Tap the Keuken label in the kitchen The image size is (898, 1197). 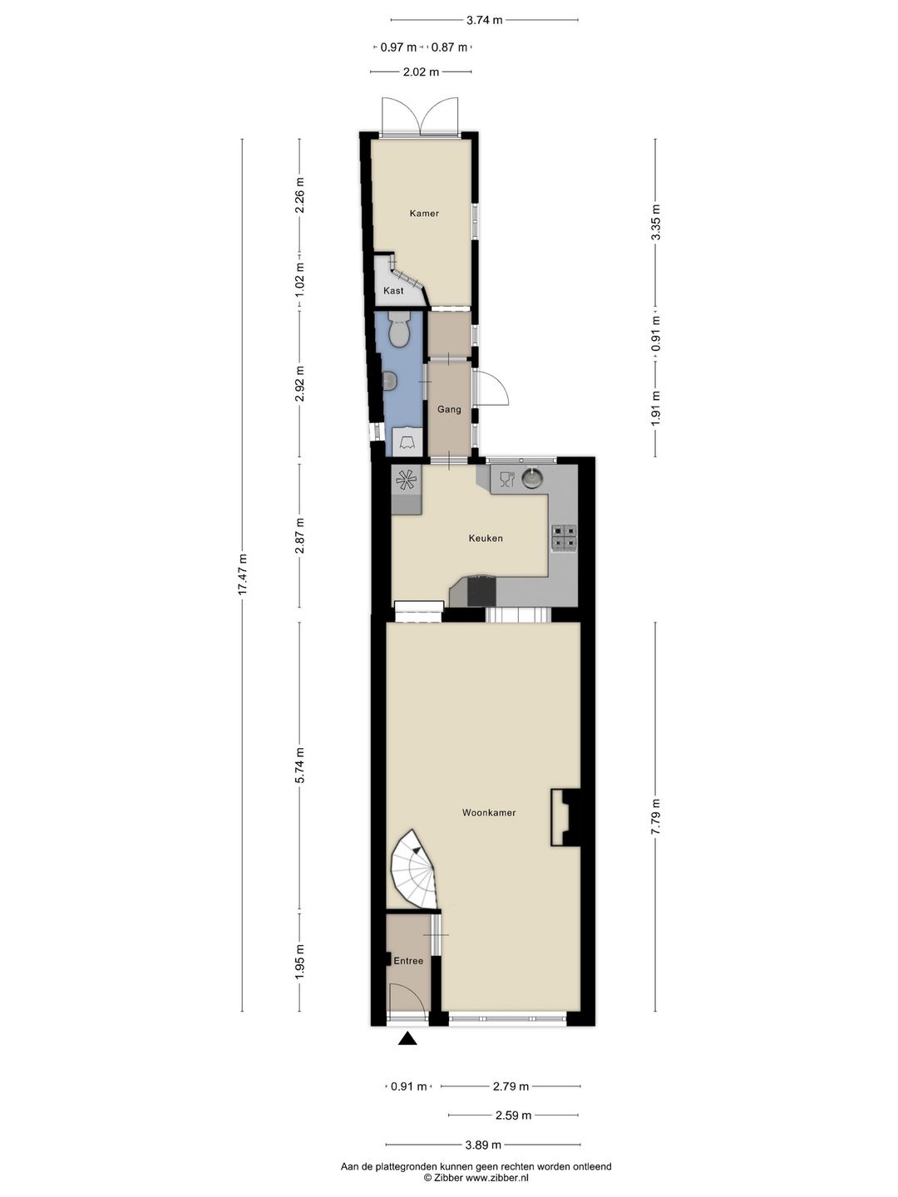(486, 539)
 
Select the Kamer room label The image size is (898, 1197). (424, 214)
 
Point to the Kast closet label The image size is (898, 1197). (393, 291)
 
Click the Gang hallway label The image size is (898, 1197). (449, 410)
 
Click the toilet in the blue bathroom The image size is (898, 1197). (400, 329)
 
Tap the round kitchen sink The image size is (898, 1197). (533, 478)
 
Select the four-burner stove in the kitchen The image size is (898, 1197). (564, 538)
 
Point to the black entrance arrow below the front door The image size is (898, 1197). (407, 1039)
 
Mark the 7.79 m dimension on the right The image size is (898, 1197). (656, 816)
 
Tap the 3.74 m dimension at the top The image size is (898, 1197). (484, 20)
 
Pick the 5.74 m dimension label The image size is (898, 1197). (299, 765)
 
